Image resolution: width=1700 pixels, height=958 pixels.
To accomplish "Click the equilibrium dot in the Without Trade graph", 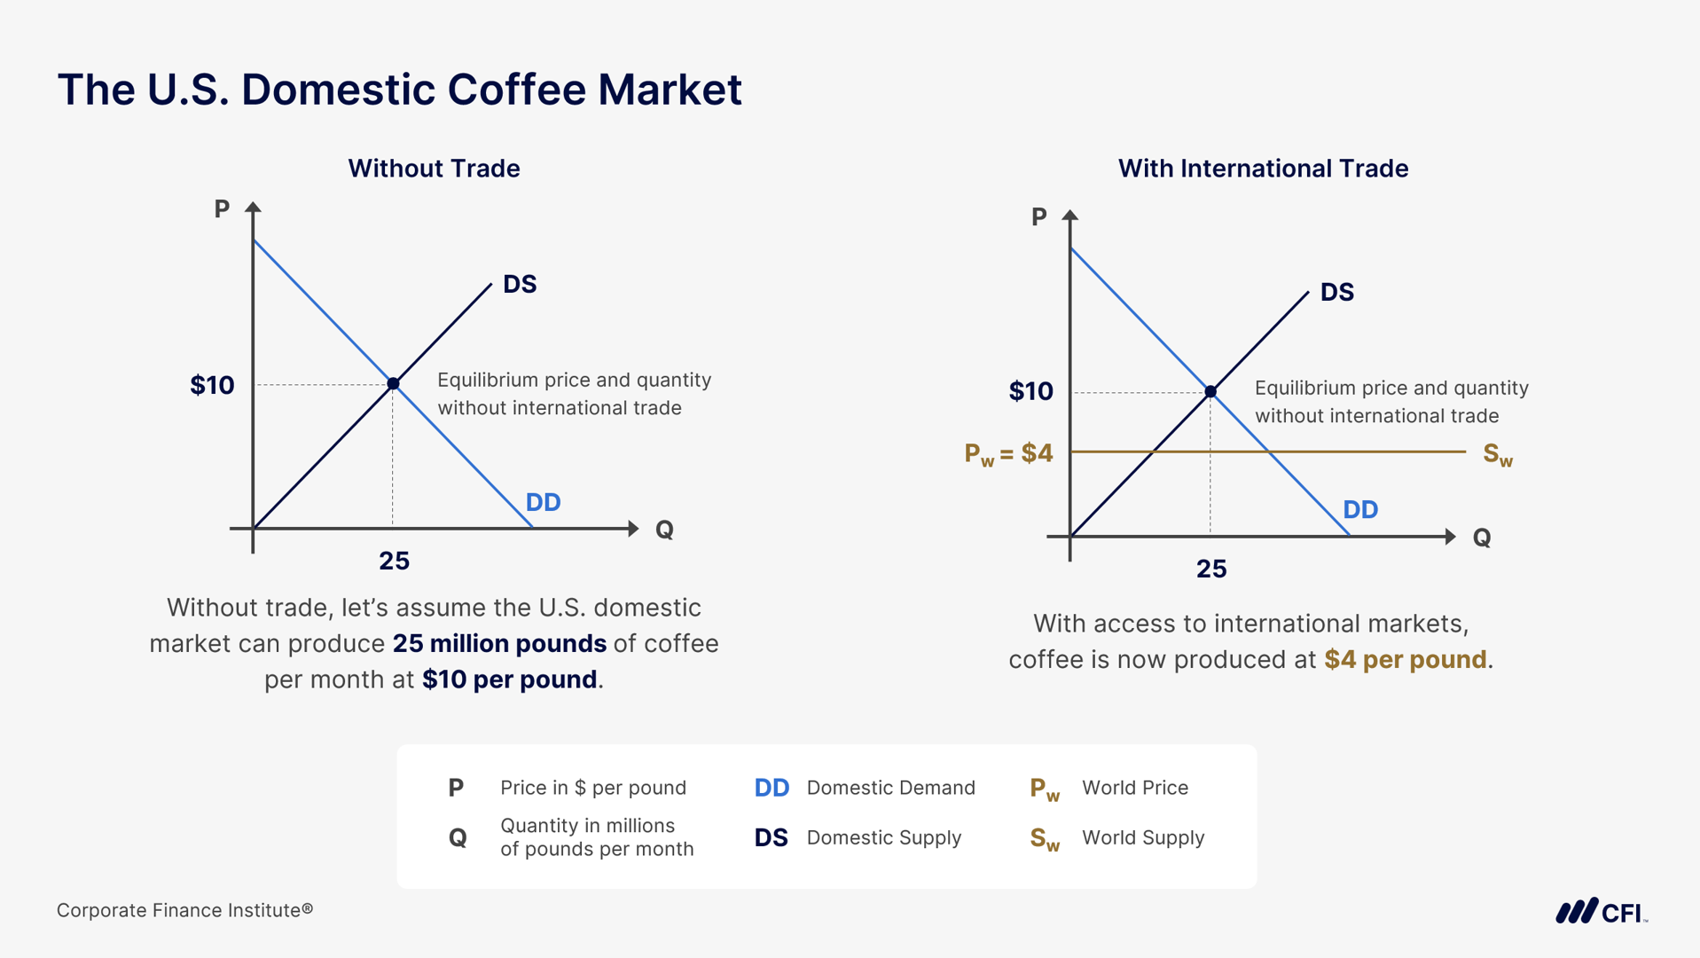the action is (x=393, y=383).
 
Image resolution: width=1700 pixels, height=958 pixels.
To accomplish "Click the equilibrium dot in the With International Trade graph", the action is (x=1210, y=391).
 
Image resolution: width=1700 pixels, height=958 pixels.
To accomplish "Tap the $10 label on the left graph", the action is (x=212, y=385).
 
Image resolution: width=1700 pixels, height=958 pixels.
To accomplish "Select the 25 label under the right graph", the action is (x=1211, y=569).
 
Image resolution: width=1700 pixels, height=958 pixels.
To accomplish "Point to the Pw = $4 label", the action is (x=1008, y=454).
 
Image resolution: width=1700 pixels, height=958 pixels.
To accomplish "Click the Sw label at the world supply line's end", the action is (x=1498, y=455).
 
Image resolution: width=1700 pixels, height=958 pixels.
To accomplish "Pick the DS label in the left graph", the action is (x=520, y=284).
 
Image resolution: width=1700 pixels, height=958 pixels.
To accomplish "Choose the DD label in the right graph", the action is (x=1360, y=509).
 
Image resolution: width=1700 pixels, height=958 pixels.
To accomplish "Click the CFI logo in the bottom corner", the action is (x=1601, y=911).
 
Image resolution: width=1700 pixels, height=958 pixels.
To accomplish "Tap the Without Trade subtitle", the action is (x=434, y=169).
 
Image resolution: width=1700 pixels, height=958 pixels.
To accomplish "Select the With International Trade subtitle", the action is (x=1263, y=169).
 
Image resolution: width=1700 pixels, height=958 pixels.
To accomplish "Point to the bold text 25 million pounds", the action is (x=499, y=643).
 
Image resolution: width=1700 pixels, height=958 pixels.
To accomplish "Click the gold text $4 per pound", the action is (x=1405, y=660).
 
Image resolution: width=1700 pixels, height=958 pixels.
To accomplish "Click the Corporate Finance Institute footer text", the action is (x=184, y=910).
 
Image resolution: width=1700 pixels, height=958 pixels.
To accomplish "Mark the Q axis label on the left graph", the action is (x=664, y=530).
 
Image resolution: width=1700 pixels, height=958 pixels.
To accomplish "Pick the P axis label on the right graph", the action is (x=1039, y=216).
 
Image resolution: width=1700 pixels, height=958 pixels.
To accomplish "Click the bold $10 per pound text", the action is (x=509, y=679).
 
